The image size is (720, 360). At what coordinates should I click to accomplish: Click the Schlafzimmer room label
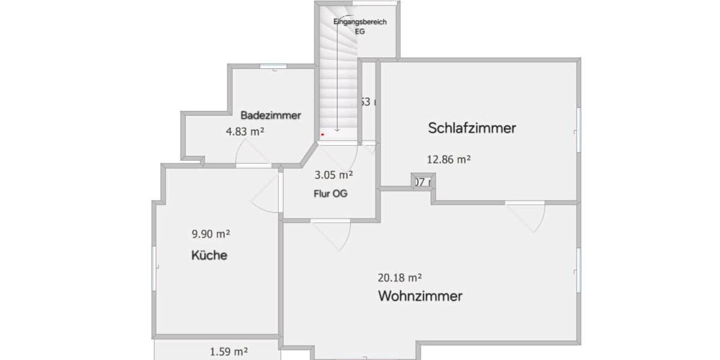472,128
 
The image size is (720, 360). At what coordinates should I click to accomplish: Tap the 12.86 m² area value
448,160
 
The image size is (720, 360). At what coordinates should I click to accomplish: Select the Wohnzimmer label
420,296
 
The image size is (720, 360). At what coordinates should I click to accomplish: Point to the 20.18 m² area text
400,278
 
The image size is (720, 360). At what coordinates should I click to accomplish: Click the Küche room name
209,256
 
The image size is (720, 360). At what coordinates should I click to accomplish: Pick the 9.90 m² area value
211,233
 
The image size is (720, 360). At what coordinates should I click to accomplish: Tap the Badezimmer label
271,115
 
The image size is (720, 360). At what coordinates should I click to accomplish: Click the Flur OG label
331,194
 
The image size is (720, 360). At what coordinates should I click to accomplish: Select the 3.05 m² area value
334,175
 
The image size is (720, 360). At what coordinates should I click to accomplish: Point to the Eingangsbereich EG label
360,26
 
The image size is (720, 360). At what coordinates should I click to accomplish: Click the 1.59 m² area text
229,352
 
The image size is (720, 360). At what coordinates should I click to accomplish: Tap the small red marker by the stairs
322,135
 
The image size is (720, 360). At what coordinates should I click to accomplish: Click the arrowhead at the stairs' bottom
338,129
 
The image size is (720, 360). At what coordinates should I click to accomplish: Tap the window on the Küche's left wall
154,266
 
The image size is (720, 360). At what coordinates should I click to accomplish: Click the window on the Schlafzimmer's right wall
579,131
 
